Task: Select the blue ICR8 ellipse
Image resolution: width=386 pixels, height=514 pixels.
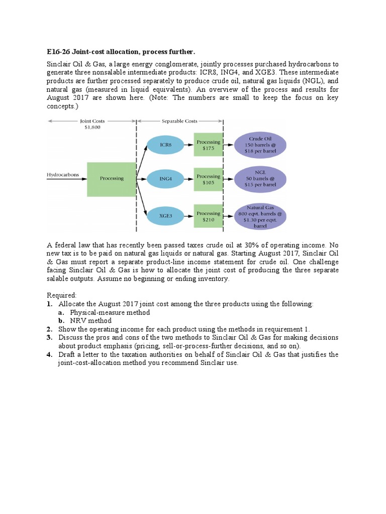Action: point(166,145)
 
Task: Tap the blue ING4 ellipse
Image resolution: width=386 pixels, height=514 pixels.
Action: point(166,179)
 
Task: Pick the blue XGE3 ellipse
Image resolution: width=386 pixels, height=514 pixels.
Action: point(166,215)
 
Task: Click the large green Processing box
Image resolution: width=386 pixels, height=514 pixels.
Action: point(112,179)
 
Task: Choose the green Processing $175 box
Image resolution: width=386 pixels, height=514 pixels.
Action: point(208,146)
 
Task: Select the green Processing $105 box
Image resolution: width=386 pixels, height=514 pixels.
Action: point(208,179)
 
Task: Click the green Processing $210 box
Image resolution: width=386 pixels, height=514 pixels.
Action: point(208,216)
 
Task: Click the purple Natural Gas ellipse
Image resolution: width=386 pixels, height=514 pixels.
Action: point(260,216)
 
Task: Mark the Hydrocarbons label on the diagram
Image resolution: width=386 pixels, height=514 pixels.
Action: point(63,175)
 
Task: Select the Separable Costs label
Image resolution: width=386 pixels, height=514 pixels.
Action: point(179,121)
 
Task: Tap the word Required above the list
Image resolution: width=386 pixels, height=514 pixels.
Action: point(62,295)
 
